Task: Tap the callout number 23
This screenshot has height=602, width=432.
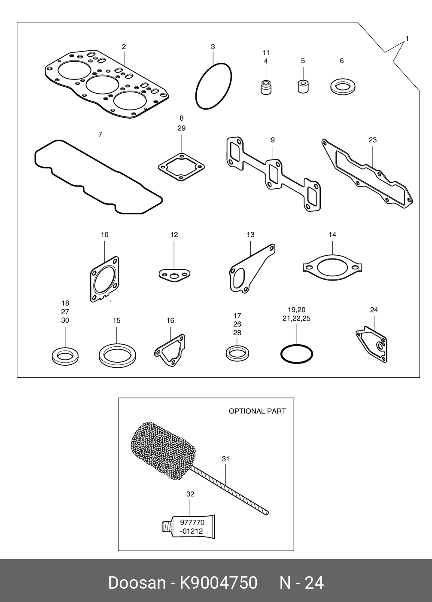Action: point(372,140)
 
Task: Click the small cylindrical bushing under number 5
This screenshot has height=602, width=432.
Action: point(303,86)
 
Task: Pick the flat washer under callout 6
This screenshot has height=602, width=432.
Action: point(342,86)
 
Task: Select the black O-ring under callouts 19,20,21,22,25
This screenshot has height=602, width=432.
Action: point(297,354)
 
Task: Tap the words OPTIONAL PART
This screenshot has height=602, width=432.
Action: point(257,411)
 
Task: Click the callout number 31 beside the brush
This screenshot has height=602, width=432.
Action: point(225,459)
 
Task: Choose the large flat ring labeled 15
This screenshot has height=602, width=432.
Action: point(118,356)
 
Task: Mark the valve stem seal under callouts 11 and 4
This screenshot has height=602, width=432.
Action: point(266,86)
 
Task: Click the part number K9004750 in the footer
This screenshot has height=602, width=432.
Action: point(218,583)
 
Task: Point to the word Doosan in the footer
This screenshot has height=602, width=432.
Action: point(136,583)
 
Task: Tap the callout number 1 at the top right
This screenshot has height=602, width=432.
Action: point(407,39)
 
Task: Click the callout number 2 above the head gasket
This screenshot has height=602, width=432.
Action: point(124,46)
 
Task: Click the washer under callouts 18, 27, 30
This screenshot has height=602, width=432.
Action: point(65,355)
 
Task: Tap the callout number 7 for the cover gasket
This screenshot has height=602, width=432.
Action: point(100,134)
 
